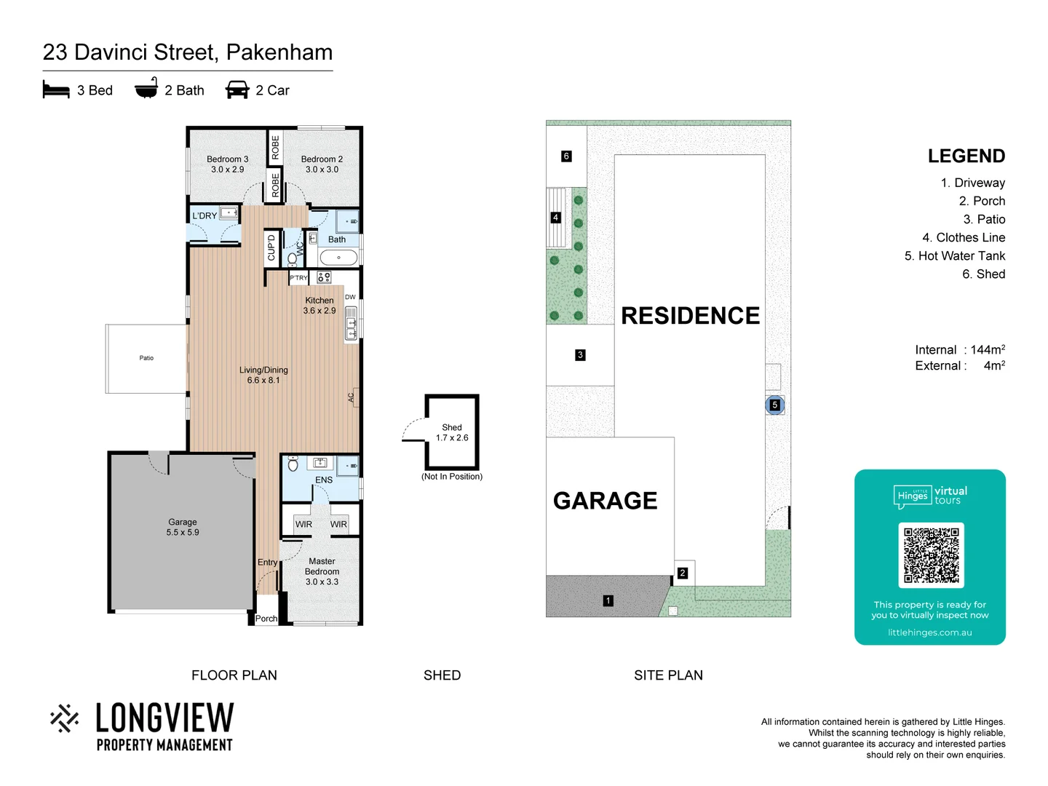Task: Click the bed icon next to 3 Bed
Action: click(56, 90)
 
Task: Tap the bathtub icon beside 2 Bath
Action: click(146, 89)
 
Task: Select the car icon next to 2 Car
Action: click(237, 90)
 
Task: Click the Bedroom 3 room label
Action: click(227, 164)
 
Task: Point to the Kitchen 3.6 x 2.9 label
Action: click(319, 305)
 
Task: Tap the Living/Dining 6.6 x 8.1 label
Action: click(263, 375)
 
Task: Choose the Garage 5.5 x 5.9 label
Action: click(182, 527)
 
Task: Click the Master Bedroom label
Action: click(322, 571)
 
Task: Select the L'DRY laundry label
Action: click(205, 215)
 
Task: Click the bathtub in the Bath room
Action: click(338, 258)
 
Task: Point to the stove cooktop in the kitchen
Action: click(324, 277)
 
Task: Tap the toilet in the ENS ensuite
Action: click(293, 463)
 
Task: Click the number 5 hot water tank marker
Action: click(774, 405)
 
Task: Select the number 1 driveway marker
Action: click(608, 600)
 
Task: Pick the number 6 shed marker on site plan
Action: click(566, 156)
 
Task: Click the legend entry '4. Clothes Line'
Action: click(963, 237)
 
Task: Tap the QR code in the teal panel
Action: click(931, 555)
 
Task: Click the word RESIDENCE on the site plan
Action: click(690, 315)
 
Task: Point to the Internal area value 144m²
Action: click(987, 349)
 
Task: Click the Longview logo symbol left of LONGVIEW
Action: click(65, 718)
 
